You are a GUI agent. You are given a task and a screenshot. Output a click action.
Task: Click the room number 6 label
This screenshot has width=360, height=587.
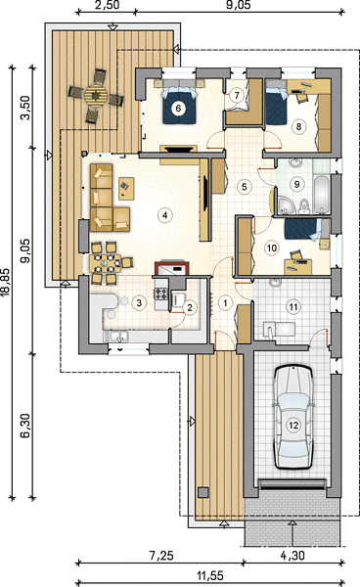pyautogui.click(x=178, y=109)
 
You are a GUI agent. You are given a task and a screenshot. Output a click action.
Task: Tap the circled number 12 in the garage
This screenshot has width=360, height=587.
pyautogui.click(x=293, y=425)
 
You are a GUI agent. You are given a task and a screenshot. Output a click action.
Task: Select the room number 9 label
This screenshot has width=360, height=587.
pyautogui.click(x=296, y=184)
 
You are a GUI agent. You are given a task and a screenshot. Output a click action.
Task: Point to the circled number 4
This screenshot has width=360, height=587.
pyautogui.click(x=164, y=215)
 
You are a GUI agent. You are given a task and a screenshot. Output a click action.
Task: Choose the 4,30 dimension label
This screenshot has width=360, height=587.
pyautogui.click(x=292, y=556)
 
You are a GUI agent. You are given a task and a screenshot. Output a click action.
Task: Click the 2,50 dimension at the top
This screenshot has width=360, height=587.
pyautogui.click(x=108, y=5)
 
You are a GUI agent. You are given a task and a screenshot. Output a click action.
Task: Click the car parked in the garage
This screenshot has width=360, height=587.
pyautogui.click(x=293, y=417)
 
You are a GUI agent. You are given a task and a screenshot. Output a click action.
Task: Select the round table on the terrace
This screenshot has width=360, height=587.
pyautogui.click(x=96, y=96)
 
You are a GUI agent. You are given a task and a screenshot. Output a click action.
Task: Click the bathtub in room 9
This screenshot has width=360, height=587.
pyautogui.click(x=322, y=195)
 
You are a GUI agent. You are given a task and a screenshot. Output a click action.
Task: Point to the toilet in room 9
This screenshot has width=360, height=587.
pyautogui.click(x=304, y=206)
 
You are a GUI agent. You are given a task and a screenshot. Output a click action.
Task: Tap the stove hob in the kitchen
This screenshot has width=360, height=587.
pyautogui.click(x=161, y=293)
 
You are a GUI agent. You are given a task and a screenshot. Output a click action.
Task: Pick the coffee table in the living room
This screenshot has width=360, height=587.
pyautogui.click(x=126, y=188)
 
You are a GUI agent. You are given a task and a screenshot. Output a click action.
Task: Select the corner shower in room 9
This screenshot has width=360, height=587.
pyautogui.click(x=286, y=205)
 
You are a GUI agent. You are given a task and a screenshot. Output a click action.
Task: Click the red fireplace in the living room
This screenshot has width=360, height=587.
pyautogui.click(x=172, y=268)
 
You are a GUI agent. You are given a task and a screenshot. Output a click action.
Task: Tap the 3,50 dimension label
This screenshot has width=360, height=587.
pyautogui.click(x=25, y=108)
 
